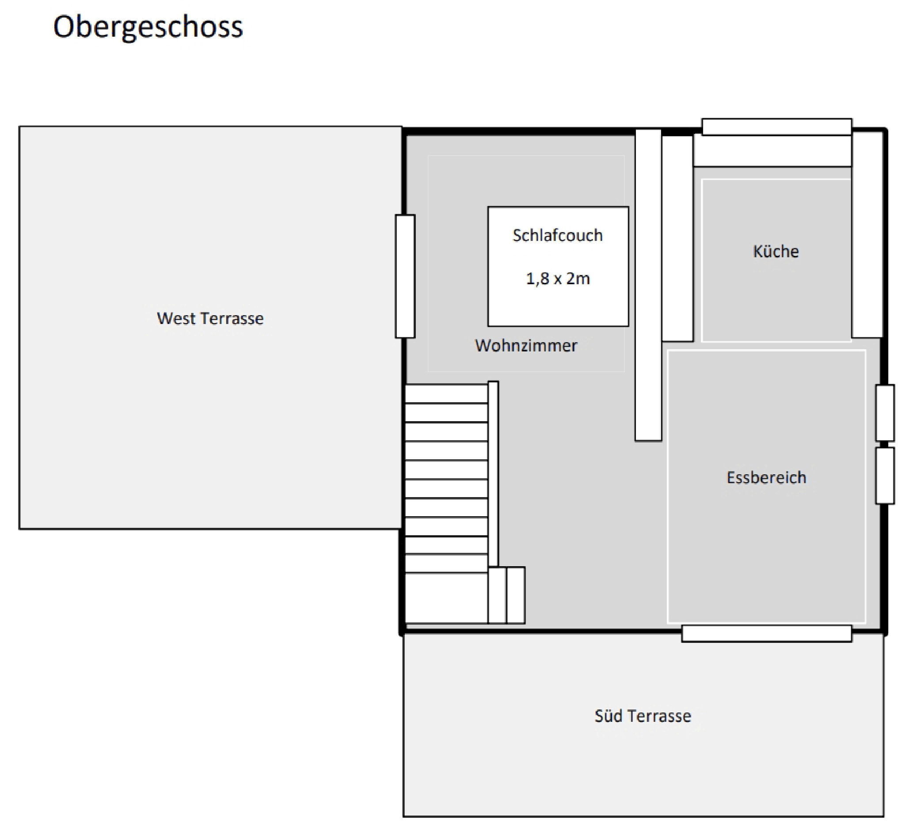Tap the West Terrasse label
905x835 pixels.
pos(210,319)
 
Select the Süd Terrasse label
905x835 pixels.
pos(643,716)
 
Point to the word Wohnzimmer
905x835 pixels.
pos(526,346)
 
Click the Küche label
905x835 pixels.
pos(776,251)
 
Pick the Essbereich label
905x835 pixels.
pos(766,477)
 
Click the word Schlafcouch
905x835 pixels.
pos(558,236)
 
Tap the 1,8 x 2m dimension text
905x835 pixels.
pos(558,279)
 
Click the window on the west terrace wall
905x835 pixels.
pos(405,276)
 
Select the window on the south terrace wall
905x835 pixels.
pos(766,633)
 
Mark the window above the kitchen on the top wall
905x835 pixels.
pos(777,126)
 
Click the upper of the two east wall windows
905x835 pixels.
pos(885,412)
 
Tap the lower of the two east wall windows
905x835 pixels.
pos(885,475)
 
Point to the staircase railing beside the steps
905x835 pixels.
pos(493,474)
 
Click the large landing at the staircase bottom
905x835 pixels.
pos(446,598)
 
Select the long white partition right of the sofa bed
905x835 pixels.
pos(648,285)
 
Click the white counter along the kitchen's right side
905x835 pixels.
pos(867,235)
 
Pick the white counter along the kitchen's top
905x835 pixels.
pos(772,151)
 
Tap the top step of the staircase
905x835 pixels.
pos(446,393)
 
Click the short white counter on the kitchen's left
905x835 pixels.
pos(677,239)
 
